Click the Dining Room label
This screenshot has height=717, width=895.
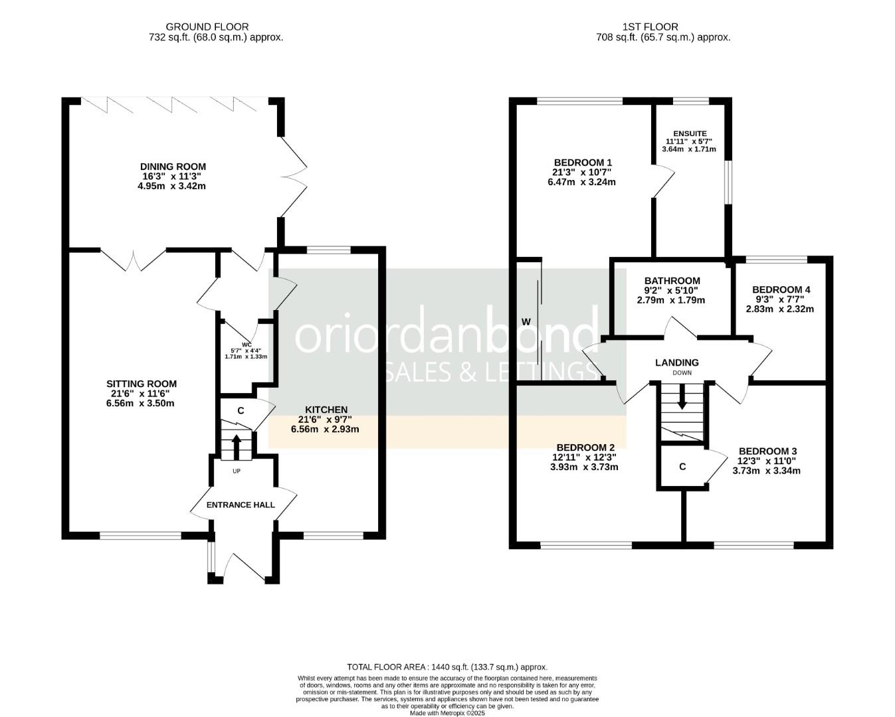tap(173, 167)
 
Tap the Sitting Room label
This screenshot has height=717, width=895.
tap(142, 384)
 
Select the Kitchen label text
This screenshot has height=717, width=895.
tap(326, 410)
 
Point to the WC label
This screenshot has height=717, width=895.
tap(247, 345)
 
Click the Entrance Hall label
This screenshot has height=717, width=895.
tap(241, 505)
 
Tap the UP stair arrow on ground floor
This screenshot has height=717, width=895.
tap(237, 447)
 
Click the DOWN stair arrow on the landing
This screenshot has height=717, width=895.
tap(682, 396)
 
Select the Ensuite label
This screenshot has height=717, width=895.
tap(690, 133)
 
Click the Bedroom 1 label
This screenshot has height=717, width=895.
tap(583, 163)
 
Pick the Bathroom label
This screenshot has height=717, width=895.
tap(672, 281)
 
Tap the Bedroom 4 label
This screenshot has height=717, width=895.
tap(781, 289)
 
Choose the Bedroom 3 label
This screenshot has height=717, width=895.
tap(767, 451)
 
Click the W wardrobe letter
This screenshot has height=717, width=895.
tap(526, 322)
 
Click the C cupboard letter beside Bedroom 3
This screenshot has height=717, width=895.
tap(682, 467)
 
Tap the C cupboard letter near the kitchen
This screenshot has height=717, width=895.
tap(241, 411)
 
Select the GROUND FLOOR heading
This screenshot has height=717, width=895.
tap(207, 27)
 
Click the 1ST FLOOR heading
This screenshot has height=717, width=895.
tap(650, 27)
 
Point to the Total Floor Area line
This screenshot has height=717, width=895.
tap(447, 667)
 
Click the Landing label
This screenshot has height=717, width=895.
tap(676, 363)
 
